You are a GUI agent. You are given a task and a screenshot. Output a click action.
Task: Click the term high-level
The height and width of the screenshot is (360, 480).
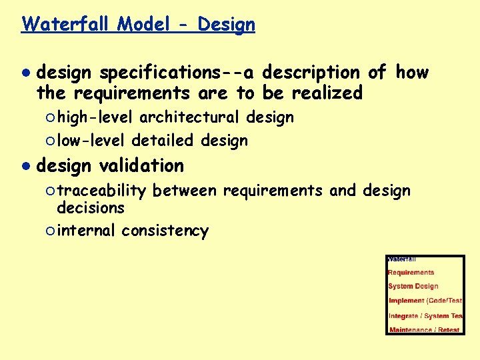coord(95,118)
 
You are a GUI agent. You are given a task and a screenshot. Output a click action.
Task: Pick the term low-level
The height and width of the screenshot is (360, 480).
coord(91,141)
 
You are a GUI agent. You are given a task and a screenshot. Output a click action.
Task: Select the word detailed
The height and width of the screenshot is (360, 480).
coord(162,141)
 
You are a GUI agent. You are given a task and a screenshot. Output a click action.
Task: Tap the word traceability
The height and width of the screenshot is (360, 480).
coord(101,191)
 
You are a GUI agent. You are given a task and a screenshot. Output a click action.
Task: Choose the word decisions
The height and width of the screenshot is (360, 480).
coord(91,208)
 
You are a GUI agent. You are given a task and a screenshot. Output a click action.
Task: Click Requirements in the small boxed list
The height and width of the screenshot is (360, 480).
coord(411,272)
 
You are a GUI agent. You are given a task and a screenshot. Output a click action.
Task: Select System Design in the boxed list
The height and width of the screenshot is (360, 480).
coord(413,286)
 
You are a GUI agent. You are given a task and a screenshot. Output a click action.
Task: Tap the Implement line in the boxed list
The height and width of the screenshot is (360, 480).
coord(425,301)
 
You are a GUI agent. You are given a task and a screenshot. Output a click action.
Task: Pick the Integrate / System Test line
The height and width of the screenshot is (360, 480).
coord(425,315)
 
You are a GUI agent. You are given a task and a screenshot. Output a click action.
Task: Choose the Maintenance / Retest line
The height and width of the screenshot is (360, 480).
coord(424,329)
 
